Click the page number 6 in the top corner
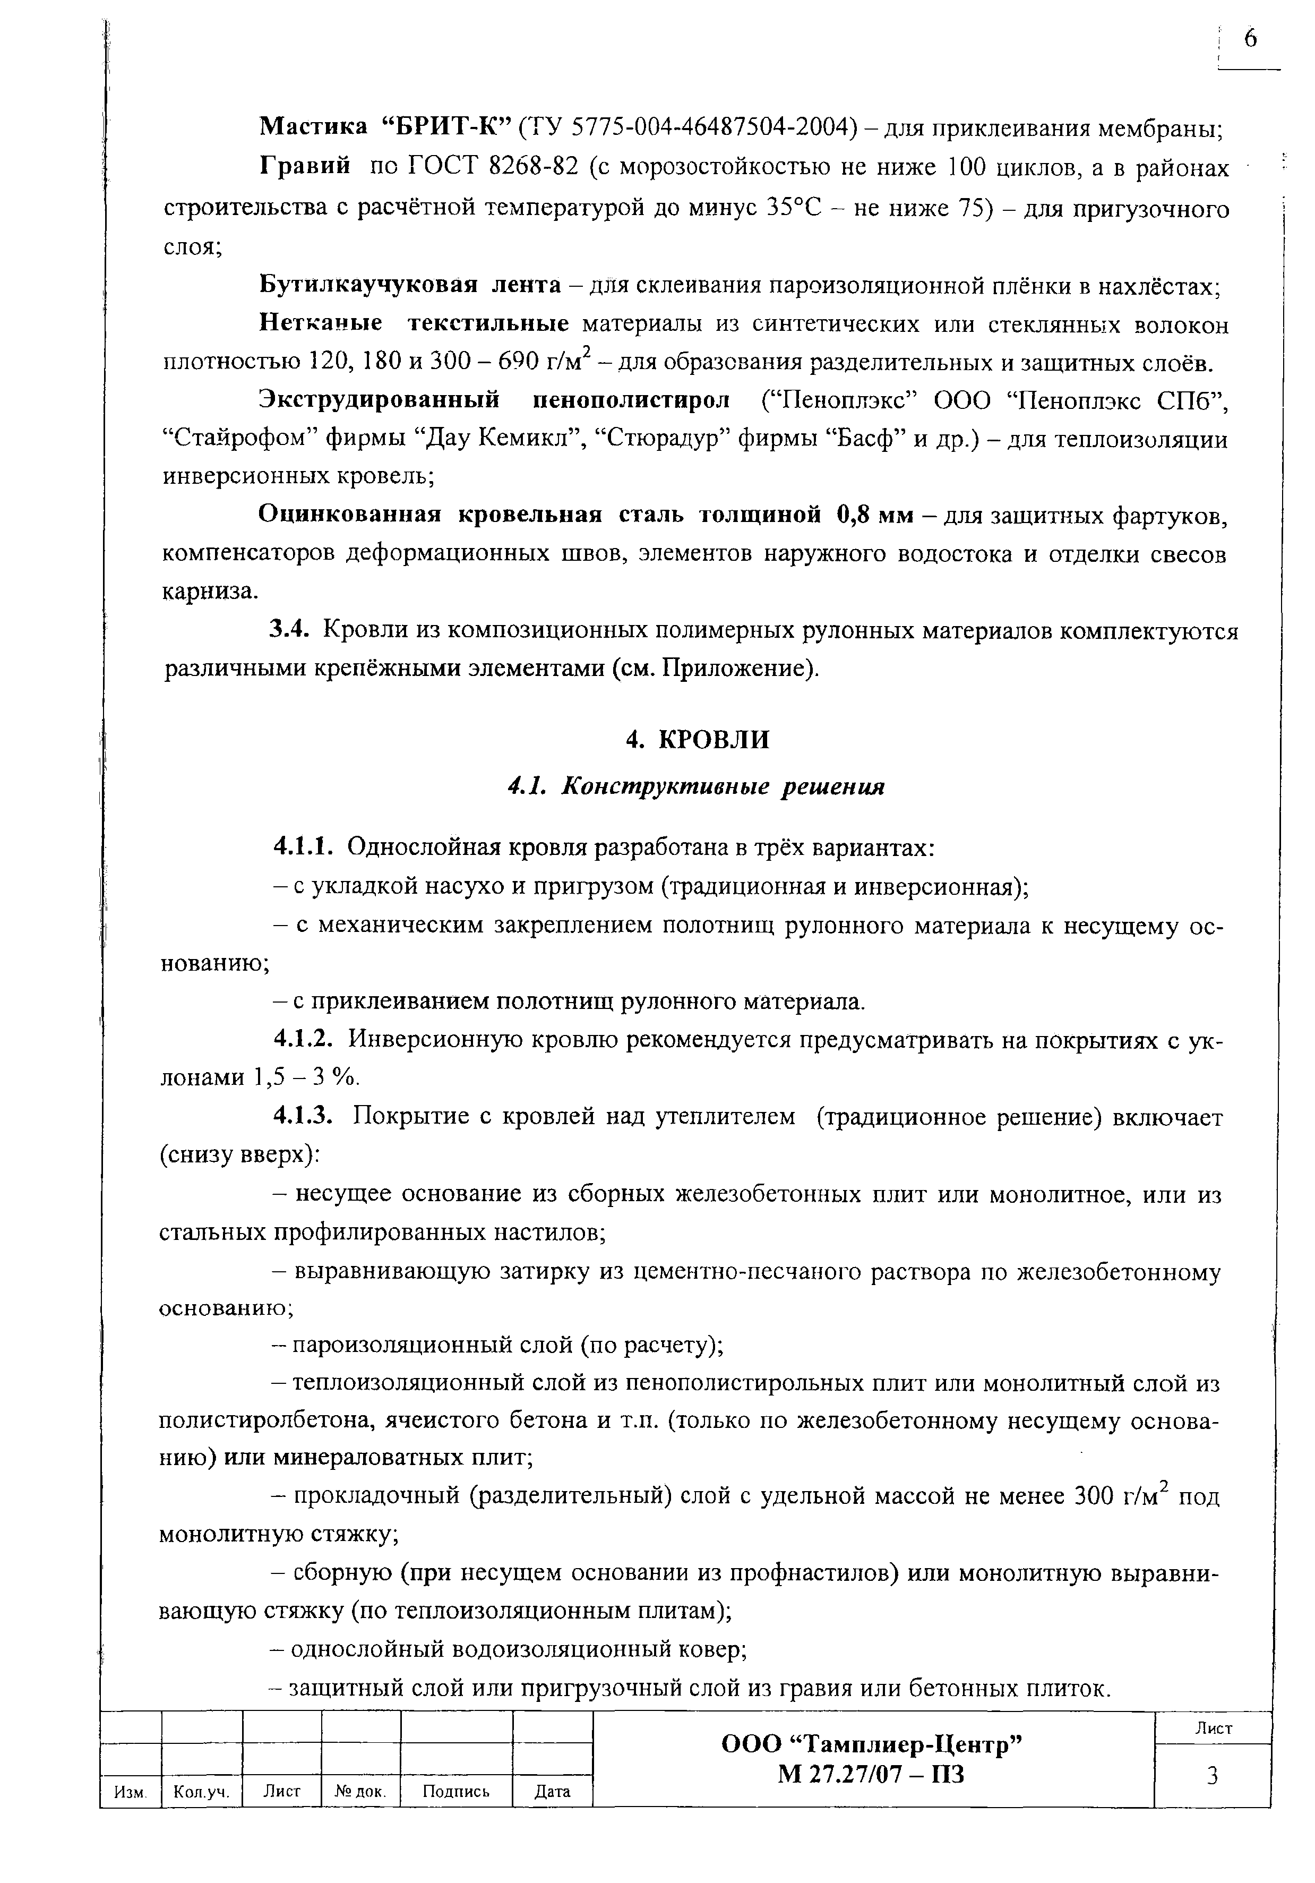(1249, 39)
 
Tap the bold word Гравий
(305, 167)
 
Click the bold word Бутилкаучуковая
(368, 285)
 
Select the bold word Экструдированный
(379, 400)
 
